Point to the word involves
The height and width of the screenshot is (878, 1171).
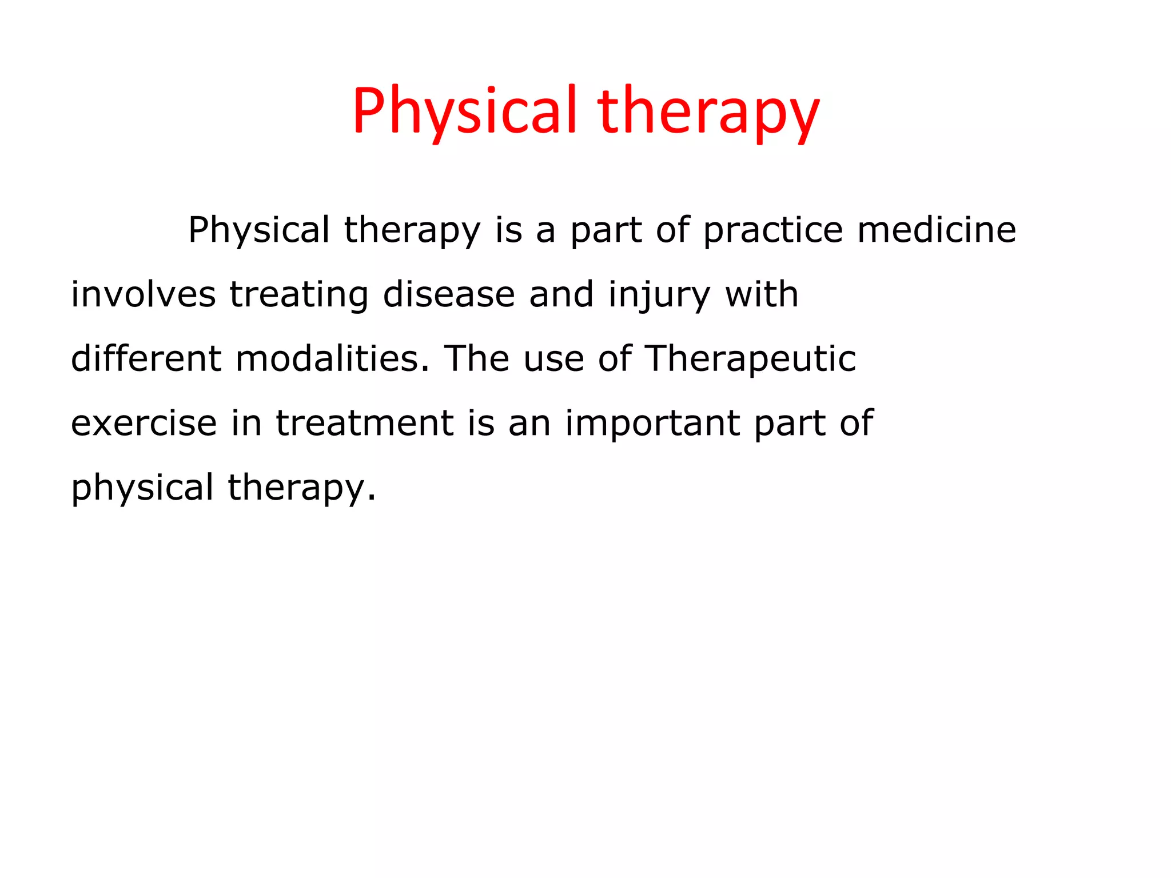click(143, 295)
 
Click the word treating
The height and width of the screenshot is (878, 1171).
click(299, 295)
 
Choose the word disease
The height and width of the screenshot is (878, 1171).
click(449, 295)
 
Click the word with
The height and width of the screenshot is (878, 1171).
click(761, 295)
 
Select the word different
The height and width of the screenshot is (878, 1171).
click(146, 359)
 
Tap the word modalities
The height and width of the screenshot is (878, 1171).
click(332, 359)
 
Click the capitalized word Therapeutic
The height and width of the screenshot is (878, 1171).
click(750, 359)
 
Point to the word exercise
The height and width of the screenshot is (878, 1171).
click(144, 424)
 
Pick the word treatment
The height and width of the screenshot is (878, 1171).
click(365, 424)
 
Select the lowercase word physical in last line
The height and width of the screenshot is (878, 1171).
click(142, 488)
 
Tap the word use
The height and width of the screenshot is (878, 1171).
click(553, 359)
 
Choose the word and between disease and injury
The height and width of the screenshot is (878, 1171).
click(561, 295)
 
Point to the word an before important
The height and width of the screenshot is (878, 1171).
click(529, 424)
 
